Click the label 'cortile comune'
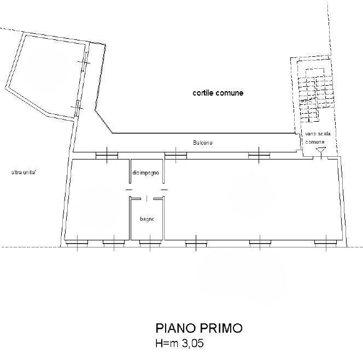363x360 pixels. click(x=218, y=93)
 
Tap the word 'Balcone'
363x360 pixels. click(x=203, y=143)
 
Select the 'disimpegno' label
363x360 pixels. click(x=145, y=173)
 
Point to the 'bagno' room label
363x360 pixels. click(x=147, y=219)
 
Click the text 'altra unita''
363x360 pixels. click(x=24, y=173)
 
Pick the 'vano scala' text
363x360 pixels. click(x=318, y=134)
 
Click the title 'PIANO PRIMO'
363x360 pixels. click(x=199, y=328)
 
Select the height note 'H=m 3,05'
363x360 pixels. click(x=180, y=343)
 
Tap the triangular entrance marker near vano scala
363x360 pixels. click(x=321, y=150)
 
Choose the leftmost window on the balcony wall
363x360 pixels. click(x=107, y=156)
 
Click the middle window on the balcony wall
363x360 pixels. click(x=175, y=156)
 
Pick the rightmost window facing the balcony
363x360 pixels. click(x=259, y=156)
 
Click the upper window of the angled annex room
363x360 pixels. click(x=85, y=62)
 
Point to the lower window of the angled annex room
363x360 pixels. click(x=78, y=108)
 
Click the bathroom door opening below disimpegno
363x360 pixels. click(x=147, y=198)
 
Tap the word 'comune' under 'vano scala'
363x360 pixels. click(x=315, y=142)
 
